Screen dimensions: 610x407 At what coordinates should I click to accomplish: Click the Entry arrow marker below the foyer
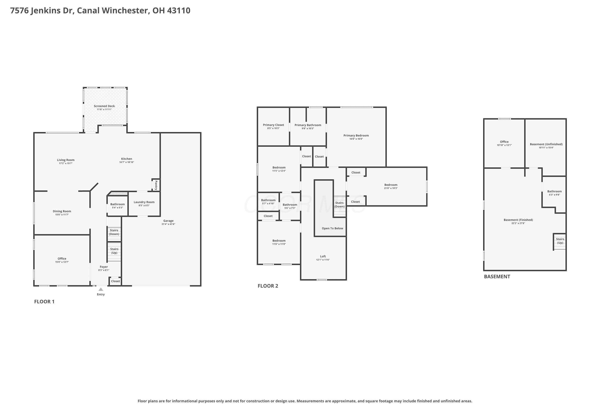[101, 289]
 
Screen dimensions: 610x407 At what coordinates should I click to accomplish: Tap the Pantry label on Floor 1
[156, 185]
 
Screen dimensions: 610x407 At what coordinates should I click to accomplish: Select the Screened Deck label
[104, 106]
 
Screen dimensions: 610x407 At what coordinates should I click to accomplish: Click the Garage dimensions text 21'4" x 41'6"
[168, 224]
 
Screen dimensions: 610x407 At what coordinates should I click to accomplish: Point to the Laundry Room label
[144, 202]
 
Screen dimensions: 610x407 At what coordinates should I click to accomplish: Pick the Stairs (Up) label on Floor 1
[114, 251]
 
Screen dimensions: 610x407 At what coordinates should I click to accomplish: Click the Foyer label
[104, 267]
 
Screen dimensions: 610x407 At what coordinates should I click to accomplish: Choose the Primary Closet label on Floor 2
[273, 125]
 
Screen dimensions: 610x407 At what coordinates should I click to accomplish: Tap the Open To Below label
[332, 228]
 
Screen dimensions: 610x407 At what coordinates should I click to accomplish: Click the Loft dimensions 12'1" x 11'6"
[323, 260]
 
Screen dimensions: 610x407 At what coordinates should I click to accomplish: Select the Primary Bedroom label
[356, 136]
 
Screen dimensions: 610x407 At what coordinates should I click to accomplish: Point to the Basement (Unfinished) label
[546, 144]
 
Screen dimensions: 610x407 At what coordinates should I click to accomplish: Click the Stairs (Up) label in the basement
[560, 241]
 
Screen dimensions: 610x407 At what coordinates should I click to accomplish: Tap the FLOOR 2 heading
[268, 286]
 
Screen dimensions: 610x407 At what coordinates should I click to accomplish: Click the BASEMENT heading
[497, 276]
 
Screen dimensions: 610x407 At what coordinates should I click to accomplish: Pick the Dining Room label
[62, 211]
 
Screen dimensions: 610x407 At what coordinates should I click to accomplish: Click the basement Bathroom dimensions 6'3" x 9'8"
[554, 195]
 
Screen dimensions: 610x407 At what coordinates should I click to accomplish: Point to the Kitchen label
[126, 159]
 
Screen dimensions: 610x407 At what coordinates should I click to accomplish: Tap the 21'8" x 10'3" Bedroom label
[391, 186]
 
